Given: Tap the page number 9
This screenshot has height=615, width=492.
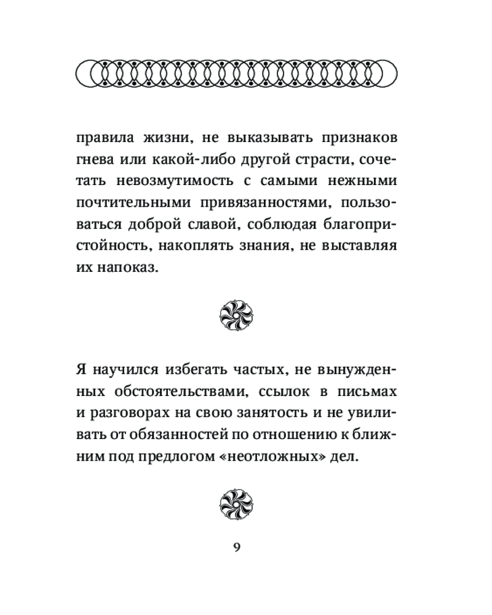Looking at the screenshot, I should point(237,548).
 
